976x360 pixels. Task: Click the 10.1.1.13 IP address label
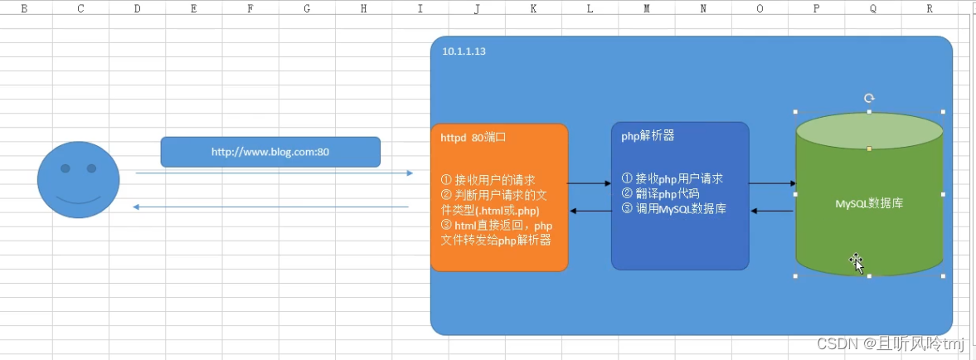[464, 51]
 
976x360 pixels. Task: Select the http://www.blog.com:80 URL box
[270, 152]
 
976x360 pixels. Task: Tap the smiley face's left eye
[66, 168]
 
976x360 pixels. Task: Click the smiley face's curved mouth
[78, 199]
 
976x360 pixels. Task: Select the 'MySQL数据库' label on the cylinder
[869, 202]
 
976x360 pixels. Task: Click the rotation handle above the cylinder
[869, 98]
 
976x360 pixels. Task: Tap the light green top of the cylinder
[869, 131]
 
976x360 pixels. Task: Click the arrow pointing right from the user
[274, 173]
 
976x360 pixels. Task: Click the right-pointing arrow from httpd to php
[590, 183]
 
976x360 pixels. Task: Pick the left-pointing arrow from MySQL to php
[771, 211]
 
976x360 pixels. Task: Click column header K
[533, 8]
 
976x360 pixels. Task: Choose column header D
[137, 8]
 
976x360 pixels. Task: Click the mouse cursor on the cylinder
[857, 263]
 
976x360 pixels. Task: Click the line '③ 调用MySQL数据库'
[673, 208]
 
